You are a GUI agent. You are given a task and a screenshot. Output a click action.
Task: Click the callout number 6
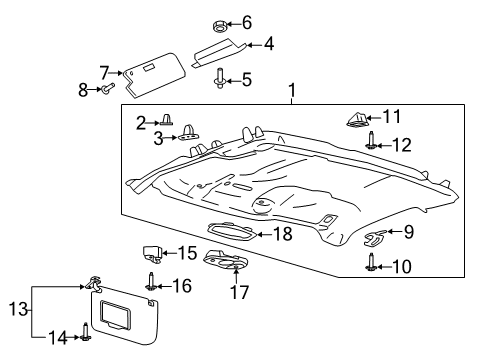coord(247,23)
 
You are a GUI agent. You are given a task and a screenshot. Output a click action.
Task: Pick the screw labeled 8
coord(103,90)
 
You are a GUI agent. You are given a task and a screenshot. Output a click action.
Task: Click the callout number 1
coord(292,95)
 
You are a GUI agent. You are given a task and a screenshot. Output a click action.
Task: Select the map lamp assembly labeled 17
coord(225,262)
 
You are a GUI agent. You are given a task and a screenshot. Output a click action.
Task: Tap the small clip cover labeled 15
coord(153,254)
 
